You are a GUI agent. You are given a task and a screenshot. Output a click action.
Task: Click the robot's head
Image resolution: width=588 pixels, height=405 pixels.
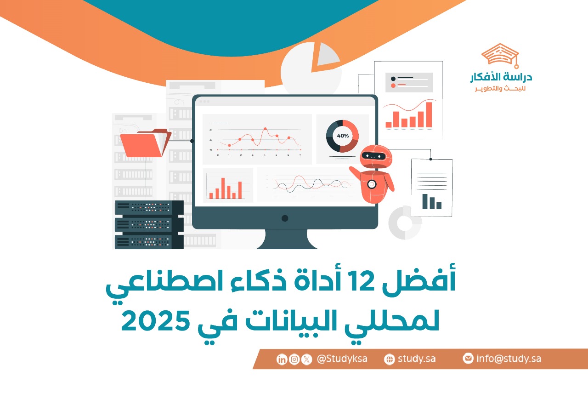[376, 156]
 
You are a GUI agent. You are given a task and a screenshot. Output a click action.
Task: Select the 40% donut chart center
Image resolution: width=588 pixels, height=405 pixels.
[343, 136]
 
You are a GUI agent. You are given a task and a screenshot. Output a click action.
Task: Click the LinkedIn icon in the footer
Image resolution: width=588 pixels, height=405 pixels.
[282, 359]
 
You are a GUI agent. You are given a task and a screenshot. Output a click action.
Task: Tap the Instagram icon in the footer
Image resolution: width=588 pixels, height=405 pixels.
[294, 359]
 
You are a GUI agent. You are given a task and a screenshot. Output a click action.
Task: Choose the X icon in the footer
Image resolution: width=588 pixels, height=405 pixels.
[306, 359]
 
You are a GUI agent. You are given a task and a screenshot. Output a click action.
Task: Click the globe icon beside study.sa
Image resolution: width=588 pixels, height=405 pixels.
[389, 359]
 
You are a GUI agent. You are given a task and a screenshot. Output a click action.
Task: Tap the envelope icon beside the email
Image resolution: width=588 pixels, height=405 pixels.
[468, 359]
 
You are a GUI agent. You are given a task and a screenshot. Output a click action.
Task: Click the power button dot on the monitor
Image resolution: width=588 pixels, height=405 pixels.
[285, 218]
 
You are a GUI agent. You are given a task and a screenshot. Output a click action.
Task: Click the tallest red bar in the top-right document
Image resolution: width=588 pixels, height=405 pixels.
[429, 114]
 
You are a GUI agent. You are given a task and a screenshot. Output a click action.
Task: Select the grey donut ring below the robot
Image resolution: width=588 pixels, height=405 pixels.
[405, 223]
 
